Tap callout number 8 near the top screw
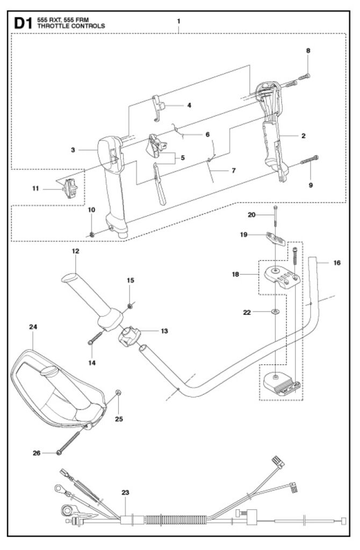pyautogui.click(x=308, y=51)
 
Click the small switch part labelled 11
pyautogui.click(x=70, y=188)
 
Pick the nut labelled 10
pyautogui.click(x=92, y=234)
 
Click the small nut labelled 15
pyautogui.click(x=130, y=306)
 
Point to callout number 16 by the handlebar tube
pyautogui.click(x=337, y=263)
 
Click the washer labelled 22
pyautogui.click(x=275, y=311)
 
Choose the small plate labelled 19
pyautogui.click(x=276, y=237)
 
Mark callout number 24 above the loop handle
pyautogui.click(x=33, y=327)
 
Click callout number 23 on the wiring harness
pyautogui.click(x=125, y=491)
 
